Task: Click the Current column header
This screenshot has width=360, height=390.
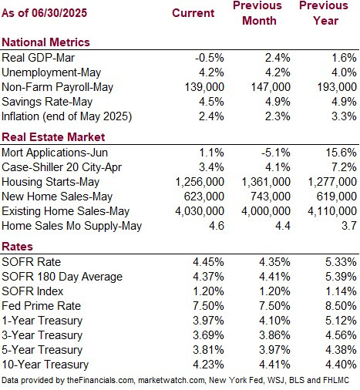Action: point(193,13)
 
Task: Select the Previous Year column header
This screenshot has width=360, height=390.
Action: point(324,13)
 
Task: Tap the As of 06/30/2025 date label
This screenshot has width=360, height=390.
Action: point(44,13)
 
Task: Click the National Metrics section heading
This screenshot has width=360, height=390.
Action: point(45,42)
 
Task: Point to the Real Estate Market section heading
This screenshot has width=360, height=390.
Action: point(53,137)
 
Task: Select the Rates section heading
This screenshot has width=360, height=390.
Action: point(17,247)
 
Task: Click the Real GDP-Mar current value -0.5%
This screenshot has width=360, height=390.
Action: point(209,58)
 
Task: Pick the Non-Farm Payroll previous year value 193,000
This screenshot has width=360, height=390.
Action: point(337,87)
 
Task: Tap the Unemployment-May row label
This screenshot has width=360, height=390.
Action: point(51,72)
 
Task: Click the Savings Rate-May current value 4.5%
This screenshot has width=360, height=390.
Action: point(211,102)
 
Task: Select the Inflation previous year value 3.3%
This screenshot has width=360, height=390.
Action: point(344,116)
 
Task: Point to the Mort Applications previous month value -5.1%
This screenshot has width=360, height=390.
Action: point(275,153)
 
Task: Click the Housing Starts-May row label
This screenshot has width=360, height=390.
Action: point(50,182)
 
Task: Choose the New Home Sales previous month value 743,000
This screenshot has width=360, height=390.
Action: point(271,197)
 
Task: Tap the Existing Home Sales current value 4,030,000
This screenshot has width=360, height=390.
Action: point(200,211)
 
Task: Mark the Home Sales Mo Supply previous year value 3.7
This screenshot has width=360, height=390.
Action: point(349,226)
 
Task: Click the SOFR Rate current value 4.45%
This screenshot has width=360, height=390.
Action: point(208,262)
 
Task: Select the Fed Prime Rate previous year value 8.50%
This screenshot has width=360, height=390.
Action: point(341,306)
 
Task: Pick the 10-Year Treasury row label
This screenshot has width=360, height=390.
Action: point(45,365)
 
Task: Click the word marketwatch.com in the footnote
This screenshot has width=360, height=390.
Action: point(172,380)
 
